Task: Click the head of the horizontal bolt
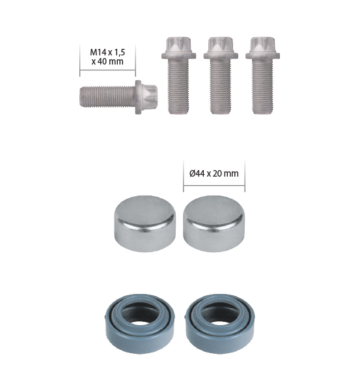pos(147,97)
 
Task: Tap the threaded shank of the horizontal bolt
pos(107,96)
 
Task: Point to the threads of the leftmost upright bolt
pos(178,87)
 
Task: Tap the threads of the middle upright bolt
pos(221,87)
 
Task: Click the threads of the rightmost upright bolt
pos(262,87)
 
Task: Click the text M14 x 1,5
pos(107,52)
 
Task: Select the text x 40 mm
pos(107,61)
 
